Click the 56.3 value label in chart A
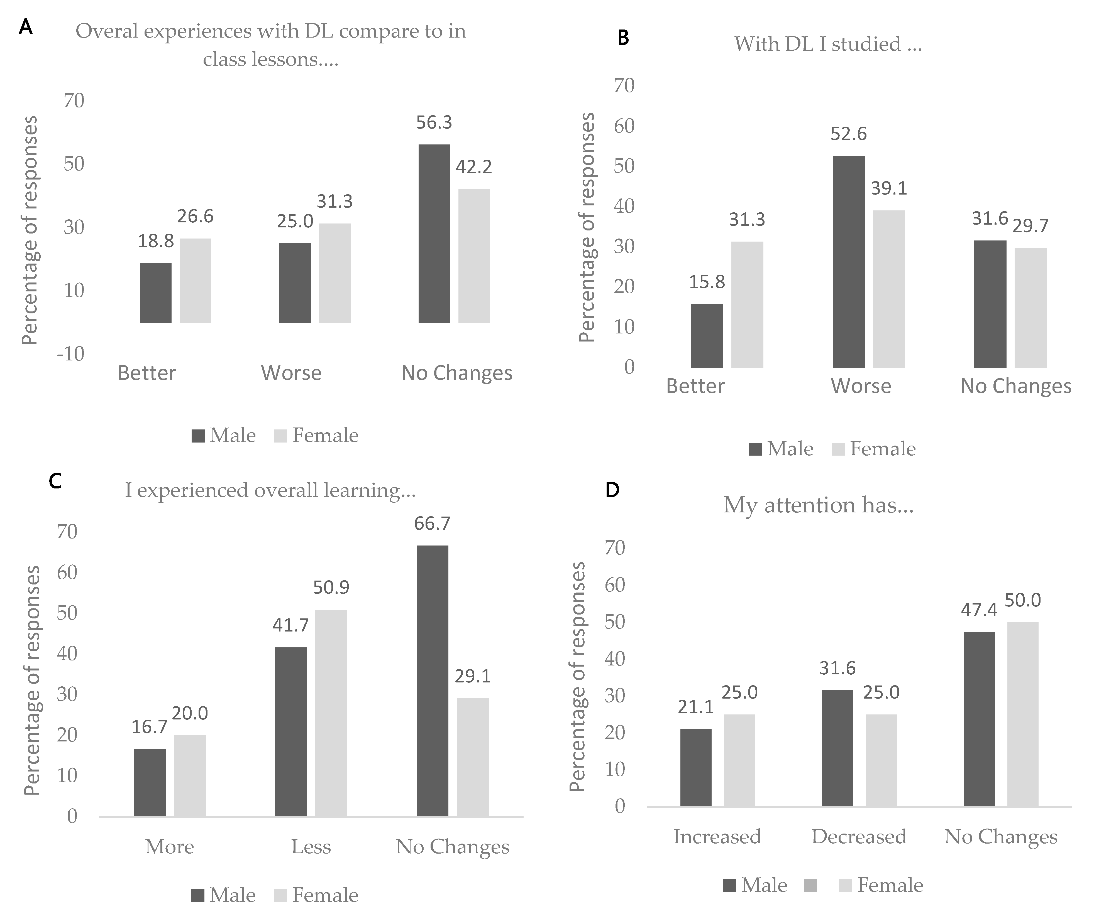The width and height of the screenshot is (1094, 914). pos(434,123)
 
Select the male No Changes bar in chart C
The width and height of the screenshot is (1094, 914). pos(432,680)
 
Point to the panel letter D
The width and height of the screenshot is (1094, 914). pos(613,490)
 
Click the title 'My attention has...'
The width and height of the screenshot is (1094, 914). pos(819,505)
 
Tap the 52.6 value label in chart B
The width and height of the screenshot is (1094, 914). pos(849,134)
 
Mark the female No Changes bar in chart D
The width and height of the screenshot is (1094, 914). pos(1023,714)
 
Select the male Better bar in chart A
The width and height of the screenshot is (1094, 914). pos(156,293)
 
